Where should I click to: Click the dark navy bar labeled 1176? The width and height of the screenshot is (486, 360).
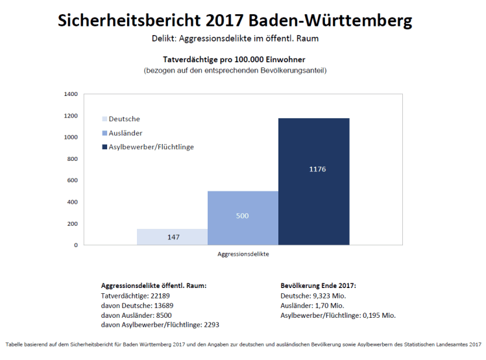[313, 182]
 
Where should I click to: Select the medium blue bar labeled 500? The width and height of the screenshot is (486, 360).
[243, 218]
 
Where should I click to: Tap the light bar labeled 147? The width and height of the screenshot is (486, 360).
[172, 237]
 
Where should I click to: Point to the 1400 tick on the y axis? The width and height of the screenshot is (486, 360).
[71, 94]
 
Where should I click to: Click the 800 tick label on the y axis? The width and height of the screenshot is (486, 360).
[72, 159]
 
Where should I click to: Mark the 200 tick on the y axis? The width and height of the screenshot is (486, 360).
[72, 224]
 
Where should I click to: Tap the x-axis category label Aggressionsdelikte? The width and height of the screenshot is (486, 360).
[243, 254]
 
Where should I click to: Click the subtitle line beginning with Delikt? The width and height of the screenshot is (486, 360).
[234, 39]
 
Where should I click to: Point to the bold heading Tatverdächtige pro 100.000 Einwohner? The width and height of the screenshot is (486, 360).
[234, 60]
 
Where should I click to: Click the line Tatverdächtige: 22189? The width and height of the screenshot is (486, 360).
[136, 295]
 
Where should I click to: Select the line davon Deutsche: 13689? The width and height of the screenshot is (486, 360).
[137, 305]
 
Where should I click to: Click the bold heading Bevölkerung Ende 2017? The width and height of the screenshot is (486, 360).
[318, 285]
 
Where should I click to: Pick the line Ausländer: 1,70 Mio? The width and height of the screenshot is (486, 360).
[312, 305]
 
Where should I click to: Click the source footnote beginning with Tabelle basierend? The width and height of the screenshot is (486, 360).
[243, 344]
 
